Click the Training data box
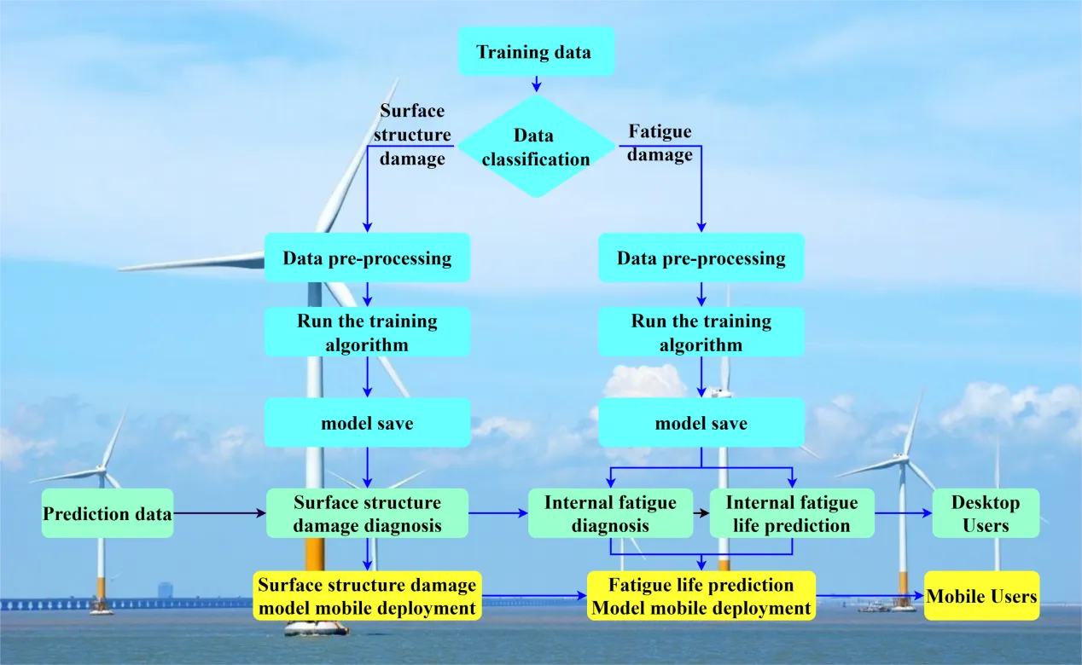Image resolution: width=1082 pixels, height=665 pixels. (535, 51)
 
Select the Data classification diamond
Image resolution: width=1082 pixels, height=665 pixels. (535, 147)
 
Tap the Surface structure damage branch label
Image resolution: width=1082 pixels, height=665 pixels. (413, 135)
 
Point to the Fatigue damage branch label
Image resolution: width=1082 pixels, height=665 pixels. (660, 143)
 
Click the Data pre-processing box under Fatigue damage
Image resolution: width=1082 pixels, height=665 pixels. (701, 257)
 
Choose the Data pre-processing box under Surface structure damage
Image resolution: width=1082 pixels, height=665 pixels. (367, 257)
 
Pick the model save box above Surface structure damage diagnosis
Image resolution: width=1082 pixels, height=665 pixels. (367, 423)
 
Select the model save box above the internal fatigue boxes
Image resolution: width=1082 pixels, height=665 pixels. (701, 423)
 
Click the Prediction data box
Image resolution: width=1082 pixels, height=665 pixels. (108, 513)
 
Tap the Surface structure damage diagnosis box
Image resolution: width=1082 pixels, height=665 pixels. (367, 513)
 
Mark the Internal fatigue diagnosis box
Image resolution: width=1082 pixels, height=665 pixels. (610, 513)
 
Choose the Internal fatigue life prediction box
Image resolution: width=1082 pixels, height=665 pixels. (792, 513)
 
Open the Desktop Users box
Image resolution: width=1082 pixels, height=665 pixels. (986, 513)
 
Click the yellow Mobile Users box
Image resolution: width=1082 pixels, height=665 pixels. (981, 596)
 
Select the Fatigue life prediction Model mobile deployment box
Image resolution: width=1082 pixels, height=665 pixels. (701, 596)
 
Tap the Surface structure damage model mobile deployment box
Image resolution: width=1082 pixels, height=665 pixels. (367, 596)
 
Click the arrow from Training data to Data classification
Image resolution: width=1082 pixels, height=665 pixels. (536, 84)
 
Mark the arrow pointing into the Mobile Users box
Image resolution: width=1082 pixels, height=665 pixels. (870, 596)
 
